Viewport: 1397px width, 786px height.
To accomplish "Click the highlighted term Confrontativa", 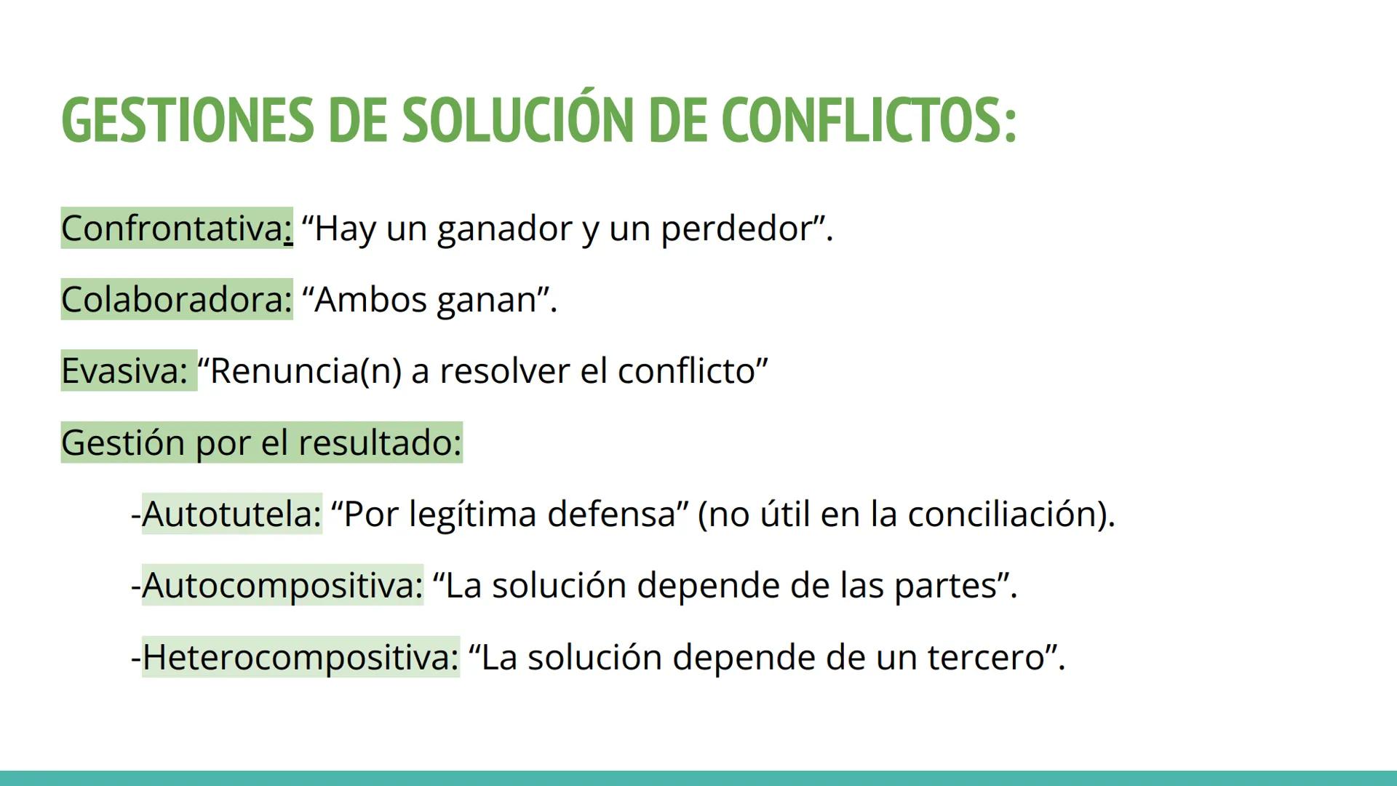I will [x=172, y=229].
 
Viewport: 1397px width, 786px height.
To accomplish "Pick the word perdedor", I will [x=736, y=229].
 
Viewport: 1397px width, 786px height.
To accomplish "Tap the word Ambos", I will [x=370, y=300].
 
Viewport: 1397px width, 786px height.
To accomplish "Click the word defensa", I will [x=612, y=514].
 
